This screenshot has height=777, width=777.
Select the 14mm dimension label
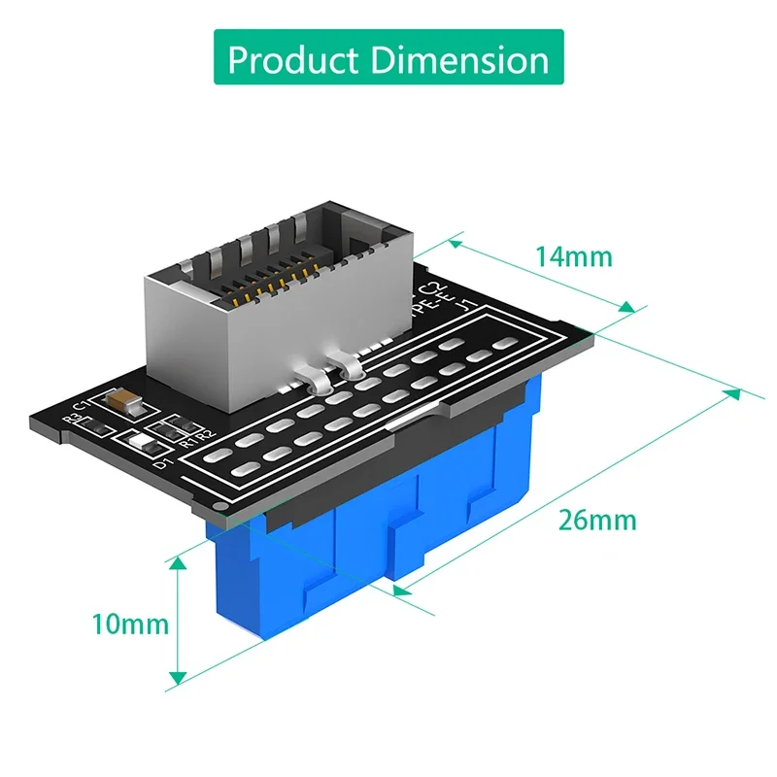573,256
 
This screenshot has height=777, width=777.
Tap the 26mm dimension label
597,520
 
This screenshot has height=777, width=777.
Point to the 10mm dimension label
130,624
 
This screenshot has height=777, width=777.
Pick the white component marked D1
142,445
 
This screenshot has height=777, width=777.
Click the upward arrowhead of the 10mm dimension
178,562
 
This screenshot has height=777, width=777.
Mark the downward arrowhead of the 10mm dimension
178,677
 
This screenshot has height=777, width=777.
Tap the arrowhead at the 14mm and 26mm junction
628,309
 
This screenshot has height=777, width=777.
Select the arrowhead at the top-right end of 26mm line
733,392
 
